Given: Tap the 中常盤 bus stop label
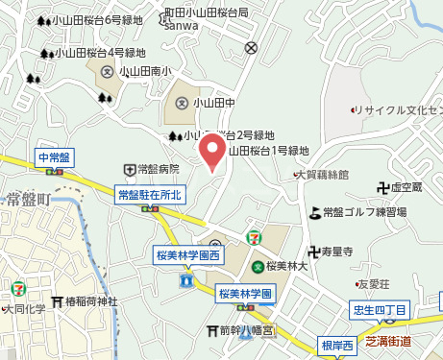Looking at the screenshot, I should point(53,156).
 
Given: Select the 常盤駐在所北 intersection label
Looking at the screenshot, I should point(149,196).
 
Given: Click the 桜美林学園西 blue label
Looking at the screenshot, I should point(188,255).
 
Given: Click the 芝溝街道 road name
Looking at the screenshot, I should point(388,341).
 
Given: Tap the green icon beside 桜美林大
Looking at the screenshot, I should point(258,267).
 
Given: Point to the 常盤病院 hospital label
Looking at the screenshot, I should point(158,169).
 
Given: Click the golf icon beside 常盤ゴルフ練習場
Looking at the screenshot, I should point(315,211).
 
